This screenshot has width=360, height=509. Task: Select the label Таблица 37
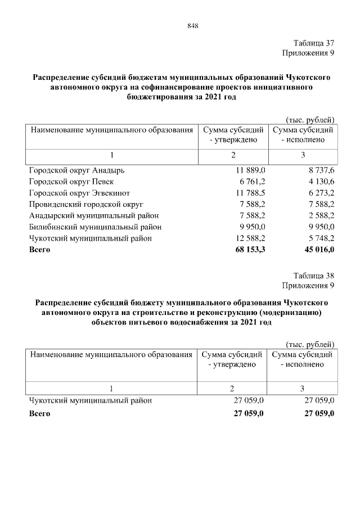[x=314, y=43]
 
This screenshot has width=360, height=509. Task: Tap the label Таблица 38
[x=314, y=276]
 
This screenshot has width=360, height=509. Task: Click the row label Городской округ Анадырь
[x=77, y=170]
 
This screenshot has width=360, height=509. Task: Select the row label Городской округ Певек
[x=71, y=181]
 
